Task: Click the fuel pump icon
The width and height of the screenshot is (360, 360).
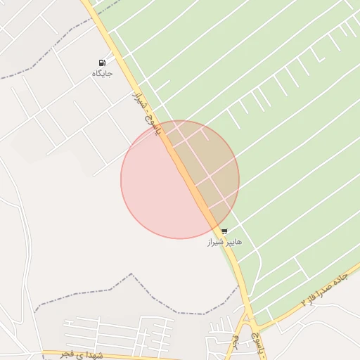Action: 103,63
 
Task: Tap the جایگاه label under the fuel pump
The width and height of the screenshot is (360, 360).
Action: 102,73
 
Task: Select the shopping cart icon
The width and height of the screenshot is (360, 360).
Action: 224,231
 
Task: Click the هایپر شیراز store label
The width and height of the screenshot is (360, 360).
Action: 224,241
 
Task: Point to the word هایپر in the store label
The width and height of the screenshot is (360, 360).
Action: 233,241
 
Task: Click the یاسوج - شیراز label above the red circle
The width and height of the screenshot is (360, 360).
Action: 148,110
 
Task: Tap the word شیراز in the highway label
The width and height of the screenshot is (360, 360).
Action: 139,97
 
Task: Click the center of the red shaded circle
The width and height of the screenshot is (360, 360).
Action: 180,179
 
